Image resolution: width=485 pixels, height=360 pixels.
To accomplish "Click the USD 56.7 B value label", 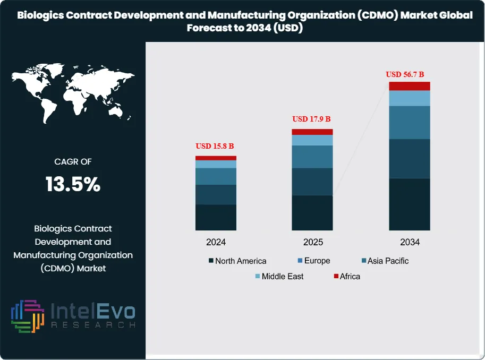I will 408,74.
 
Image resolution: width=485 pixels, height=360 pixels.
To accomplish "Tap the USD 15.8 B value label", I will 215,146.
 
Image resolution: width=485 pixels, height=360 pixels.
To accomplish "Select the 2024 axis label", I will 216,242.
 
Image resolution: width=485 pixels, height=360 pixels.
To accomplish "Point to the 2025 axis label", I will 313,242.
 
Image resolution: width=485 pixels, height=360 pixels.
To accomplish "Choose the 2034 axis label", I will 410,242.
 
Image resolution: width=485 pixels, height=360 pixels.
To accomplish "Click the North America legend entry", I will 237,261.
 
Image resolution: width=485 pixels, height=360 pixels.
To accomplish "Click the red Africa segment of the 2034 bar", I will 409,86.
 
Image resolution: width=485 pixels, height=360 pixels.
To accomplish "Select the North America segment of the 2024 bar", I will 216,217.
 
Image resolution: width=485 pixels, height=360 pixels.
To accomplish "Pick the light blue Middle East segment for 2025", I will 312,140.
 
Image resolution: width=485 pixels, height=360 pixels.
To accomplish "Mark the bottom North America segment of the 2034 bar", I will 409,204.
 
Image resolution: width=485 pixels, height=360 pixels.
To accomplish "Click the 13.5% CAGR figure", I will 73,185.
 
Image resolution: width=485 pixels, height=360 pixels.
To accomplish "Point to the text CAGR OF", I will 73,162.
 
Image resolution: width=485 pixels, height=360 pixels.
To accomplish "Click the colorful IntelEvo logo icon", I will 27,316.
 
